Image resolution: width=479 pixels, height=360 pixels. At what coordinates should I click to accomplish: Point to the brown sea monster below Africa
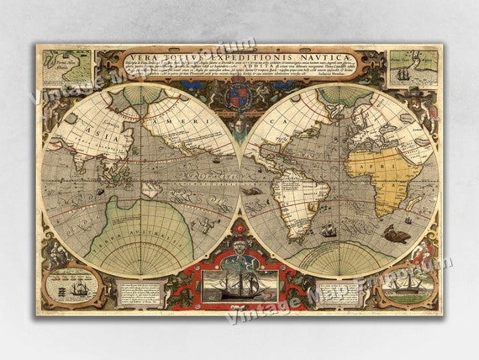396,234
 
